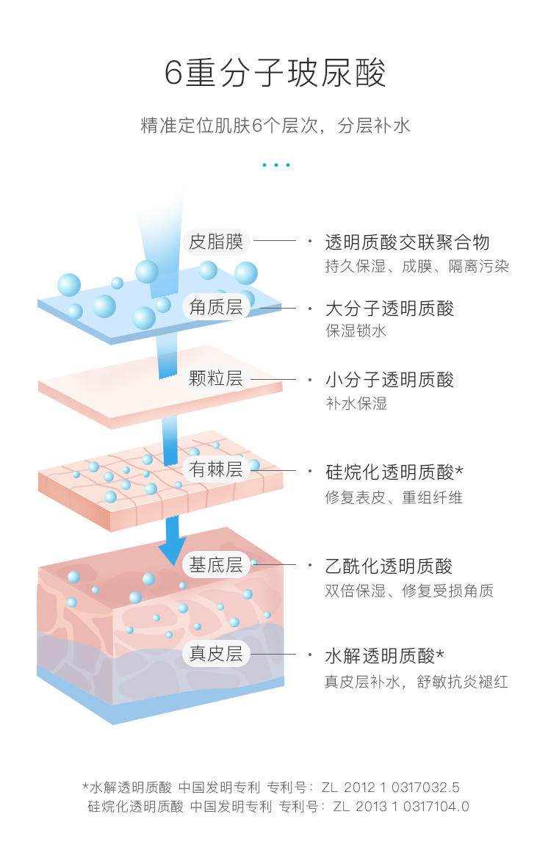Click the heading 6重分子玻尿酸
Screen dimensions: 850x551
pyautogui.click(x=275, y=74)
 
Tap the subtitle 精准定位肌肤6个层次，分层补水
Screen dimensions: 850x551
pyautogui.click(x=275, y=126)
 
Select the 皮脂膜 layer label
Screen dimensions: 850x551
pyautogui.click(x=216, y=241)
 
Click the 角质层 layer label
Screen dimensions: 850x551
pyautogui.click(x=216, y=307)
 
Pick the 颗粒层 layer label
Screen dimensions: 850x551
pyautogui.click(x=216, y=379)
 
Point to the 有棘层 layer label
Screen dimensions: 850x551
pyautogui.click(x=216, y=470)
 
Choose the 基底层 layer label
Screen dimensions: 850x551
pyautogui.click(x=216, y=565)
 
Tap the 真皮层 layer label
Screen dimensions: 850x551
pyautogui.click(x=216, y=654)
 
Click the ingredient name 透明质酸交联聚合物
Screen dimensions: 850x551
pyautogui.click(x=407, y=242)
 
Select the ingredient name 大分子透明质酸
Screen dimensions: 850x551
pyautogui.click(x=389, y=308)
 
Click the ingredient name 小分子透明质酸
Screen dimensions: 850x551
pyautogui.click(x=389, y=380)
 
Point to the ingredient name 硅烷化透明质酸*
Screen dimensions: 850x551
pyautogui.click(x=395, y=471)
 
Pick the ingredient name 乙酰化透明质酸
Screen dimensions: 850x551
pyautogui.click(x=389, y=566)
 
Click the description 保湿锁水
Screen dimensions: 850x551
pyautogui.click(x=356, y=331)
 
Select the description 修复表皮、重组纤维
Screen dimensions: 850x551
pyautogui.click(x=394, y=497)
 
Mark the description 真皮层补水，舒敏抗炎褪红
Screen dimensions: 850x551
pyautogui.click(x=417, y=682)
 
